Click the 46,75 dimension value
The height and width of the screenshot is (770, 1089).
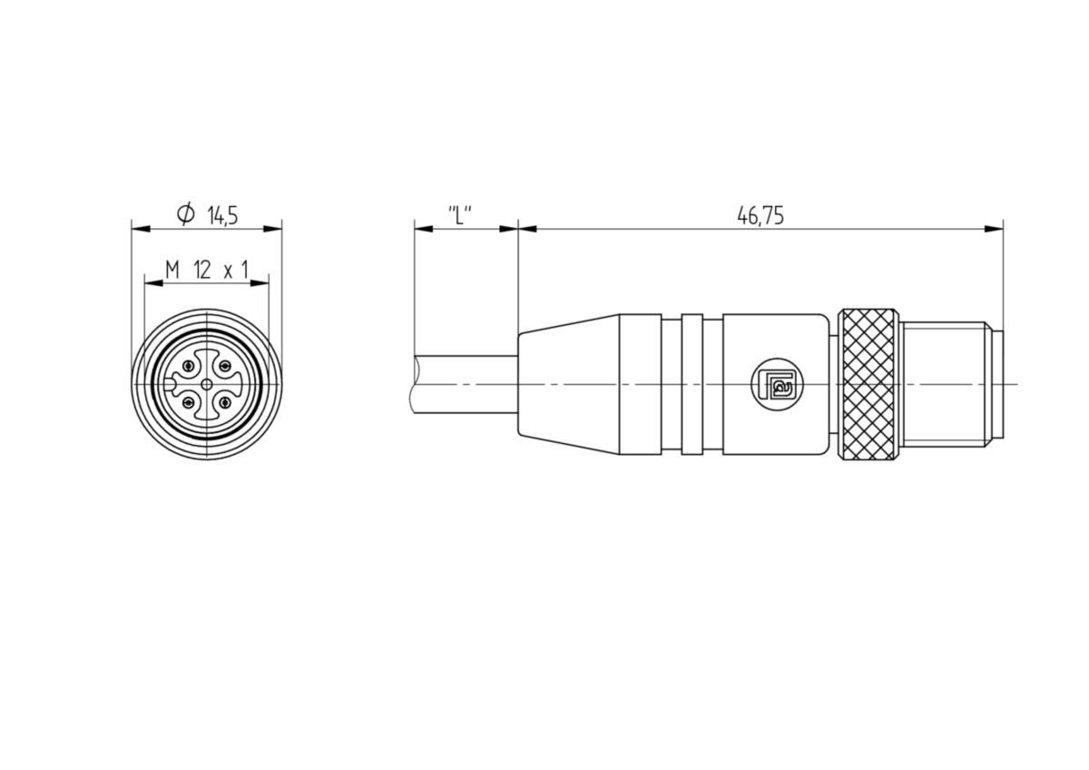[760, 215]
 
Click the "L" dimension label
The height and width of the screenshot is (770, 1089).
[460, 215]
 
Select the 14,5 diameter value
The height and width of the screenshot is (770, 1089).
[222, 215]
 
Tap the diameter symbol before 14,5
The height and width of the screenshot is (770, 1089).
[186, 214]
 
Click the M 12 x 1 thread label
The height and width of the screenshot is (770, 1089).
[207, 270]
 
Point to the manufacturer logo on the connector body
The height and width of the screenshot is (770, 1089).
[778, 384]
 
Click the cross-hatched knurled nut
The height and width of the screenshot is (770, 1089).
[868, 384]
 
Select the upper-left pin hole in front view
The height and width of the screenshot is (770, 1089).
[189, 366]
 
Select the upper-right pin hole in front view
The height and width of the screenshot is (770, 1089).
[225, 366]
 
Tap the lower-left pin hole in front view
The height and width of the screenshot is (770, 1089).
[189, 402]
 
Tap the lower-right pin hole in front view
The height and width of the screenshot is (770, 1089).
[225, 402]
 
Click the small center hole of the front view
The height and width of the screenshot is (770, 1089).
[207, 384]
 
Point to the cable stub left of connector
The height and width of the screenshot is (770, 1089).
[465, 384]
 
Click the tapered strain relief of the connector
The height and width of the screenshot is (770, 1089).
[569, 384]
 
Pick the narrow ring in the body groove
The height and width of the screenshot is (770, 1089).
[692, 384]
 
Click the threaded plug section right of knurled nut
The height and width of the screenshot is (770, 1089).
[944, 384]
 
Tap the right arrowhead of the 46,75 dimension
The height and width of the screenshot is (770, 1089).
[994, 229]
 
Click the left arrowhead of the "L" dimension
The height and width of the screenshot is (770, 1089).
[424, 229]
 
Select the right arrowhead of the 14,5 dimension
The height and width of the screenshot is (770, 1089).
[272, 229]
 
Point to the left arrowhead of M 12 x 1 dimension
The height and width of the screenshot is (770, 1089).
[154, 283]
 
